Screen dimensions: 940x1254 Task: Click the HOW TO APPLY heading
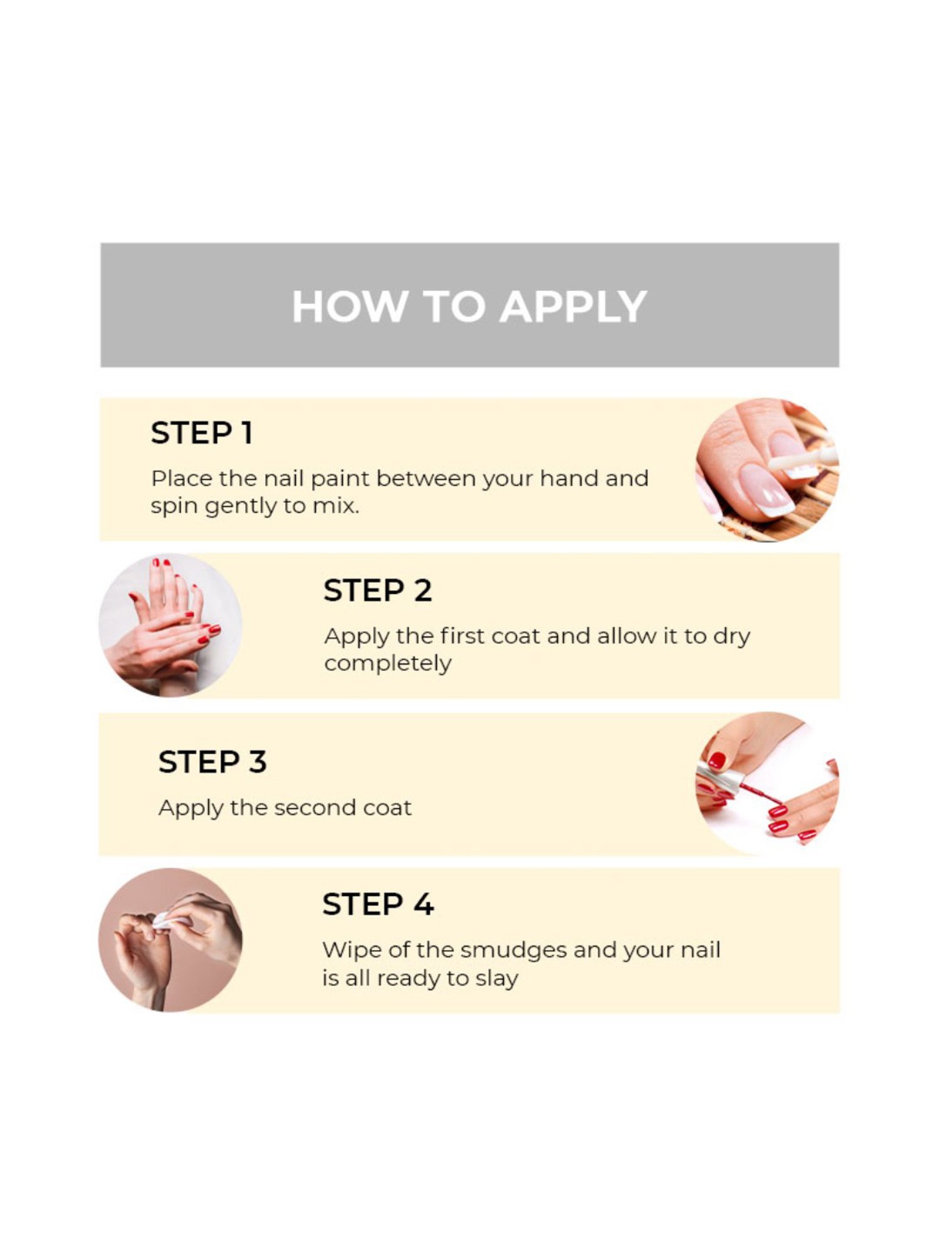click(469, 307)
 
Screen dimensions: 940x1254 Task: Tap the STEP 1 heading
click(202, 433)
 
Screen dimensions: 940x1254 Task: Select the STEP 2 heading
click(377, 591)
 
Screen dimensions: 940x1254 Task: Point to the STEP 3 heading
click(212, 762)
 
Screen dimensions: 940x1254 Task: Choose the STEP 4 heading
click(378, 904)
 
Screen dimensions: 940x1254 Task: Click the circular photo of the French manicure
click(767, 470)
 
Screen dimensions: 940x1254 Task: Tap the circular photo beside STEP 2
click(170, 625)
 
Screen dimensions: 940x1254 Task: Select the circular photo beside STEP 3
click(767, 784)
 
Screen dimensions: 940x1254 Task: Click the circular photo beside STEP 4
click(170, 940)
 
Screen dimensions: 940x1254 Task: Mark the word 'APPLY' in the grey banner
click(573, 307)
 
